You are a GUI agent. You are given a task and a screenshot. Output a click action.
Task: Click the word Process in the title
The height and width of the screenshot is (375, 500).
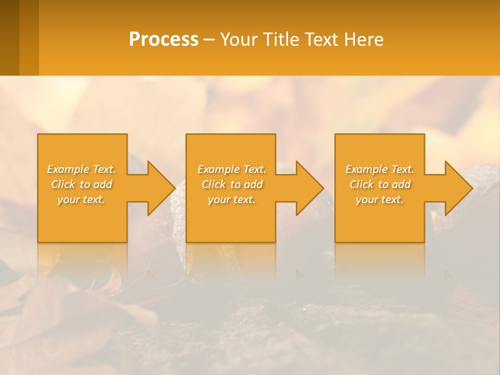[x=164, y=40]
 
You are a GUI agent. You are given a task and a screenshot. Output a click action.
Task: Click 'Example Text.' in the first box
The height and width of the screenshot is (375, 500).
[x=81, y=169]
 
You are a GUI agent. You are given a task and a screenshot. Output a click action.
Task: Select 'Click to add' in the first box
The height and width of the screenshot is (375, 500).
[x=81, y=184]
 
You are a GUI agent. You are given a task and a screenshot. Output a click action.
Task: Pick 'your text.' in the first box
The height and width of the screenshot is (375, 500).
[x=81, y=199]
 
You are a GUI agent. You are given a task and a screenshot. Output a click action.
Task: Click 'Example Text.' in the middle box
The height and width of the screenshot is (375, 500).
[x=232, y=169]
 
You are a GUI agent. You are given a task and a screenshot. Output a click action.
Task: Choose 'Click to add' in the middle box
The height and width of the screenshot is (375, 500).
[x=232, y=184]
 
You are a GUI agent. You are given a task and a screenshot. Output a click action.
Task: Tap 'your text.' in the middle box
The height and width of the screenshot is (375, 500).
[x=232, y=199]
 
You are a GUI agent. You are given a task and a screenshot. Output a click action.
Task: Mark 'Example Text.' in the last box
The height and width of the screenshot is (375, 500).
[x=380, y=169]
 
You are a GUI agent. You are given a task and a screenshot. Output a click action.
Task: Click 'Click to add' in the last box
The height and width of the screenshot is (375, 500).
[x=380, y=184]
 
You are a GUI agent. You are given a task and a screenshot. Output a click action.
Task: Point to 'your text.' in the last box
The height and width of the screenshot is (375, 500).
[x=380, y=199]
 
